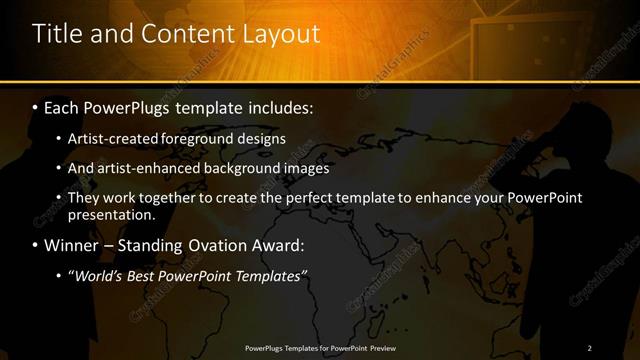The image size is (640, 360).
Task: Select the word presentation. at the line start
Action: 112,214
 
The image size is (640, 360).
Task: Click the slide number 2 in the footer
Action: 590,347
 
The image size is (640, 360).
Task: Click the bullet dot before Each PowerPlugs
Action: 37,106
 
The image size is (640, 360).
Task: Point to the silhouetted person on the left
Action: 35,260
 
